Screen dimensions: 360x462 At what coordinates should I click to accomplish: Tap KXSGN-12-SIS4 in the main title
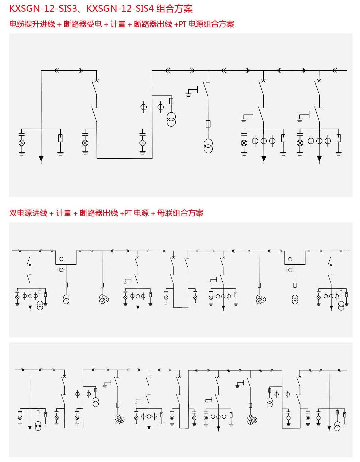pyautogui.click(x=120, y=9)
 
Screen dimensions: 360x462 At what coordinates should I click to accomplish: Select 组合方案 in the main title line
pyautogui.click(x=174, y=9)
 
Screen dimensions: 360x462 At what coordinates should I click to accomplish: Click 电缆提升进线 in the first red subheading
pyautogui.click(x=32, y=24)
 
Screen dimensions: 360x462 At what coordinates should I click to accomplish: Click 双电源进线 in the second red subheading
pyautogui.click(x=28, y=213)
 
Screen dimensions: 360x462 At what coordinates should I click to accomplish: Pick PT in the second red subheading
pyautogui.click(x=128, y=213)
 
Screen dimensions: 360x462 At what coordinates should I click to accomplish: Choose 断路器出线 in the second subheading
pyautogui.click(x=99, y=213)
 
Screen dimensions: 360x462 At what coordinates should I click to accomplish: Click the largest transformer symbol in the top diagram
pyautogui.click(x=208, y=146)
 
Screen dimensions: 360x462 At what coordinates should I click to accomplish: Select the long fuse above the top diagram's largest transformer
pyautogui.click(x=208, y=124)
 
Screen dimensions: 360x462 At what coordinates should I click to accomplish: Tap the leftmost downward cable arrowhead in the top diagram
pyautogui.click(x=41, y=158)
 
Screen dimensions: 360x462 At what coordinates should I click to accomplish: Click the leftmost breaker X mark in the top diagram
pyautogui.click(x=97, y=81)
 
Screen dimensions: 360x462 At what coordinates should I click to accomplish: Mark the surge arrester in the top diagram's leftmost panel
pyautogui.click(x=61, y=138)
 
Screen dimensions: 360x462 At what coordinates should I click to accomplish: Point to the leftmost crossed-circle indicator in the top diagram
pyautogui.click(x=22, y=143)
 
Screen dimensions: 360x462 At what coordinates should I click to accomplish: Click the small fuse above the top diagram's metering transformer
pyautogui.click(x=171, y=101)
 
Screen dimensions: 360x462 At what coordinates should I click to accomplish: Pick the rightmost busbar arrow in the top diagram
pyautogui.click(x=335, y=70)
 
